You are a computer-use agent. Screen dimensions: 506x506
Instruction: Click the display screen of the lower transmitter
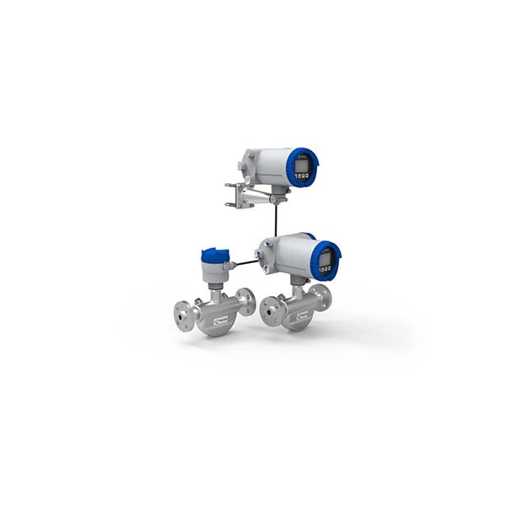coord(326,258)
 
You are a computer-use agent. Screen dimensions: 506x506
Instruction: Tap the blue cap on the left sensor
coord(214,255)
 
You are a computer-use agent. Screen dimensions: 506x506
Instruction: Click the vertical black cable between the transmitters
coord(276,219)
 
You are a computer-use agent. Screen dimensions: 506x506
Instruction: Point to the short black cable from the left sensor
coord(245,263)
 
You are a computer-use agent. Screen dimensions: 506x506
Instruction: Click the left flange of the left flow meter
coord(185,314)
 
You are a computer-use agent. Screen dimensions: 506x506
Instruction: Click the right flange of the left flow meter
coord(245,302)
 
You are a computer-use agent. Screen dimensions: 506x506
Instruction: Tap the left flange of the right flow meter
coord(271,311)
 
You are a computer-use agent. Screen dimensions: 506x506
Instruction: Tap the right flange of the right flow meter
coord(320,297)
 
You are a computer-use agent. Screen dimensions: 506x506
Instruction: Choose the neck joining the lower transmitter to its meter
coord(296,288)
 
